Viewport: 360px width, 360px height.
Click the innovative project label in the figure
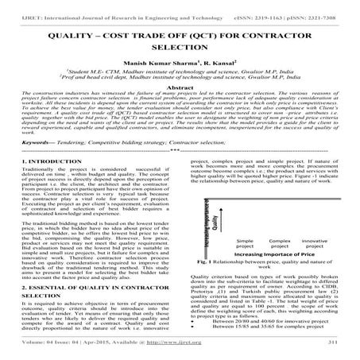pos(312,265)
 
